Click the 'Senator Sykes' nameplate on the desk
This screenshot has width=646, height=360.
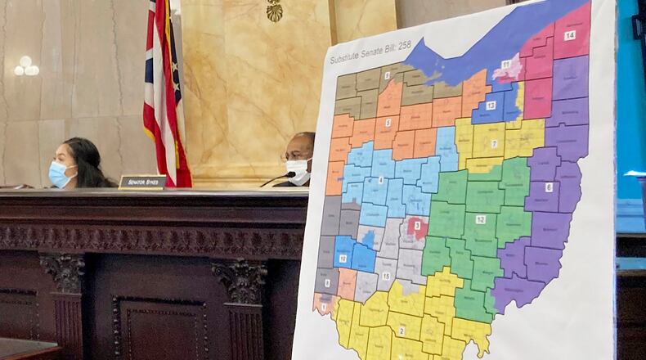pyautogui.click(x=142, y=182)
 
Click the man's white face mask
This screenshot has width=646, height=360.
pyautogui.click(x=298, y=170)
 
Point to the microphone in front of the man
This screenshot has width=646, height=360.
pyautogui.click(x=278, y=178)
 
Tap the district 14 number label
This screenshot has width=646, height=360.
pyautogui.click(x=570, y=35)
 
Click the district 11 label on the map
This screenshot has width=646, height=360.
pyautogui.click(x=506, y=64)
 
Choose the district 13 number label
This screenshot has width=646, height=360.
pyautogui.click(x=491, y=105)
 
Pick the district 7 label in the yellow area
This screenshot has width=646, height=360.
pyautogui.click(x=494, y=143)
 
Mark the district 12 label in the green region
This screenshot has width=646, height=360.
pyautogui.click(x=480, y=219)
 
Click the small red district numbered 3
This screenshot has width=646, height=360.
pyautogui.click(x=417, y=225)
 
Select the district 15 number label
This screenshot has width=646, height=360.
pyautogui.click(x=385, y=276)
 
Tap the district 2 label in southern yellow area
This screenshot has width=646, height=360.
pyautogui.click(x=402, y=331)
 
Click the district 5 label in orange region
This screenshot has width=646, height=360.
pyautogui.click(x=388, y=124)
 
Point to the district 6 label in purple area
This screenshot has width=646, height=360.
pyautogui.click(x=549, y=187)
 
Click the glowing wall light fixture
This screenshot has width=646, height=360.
pyautogui.click(x=25, y=67)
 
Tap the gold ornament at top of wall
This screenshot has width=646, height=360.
pyautogui.click(x=274, y=11)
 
